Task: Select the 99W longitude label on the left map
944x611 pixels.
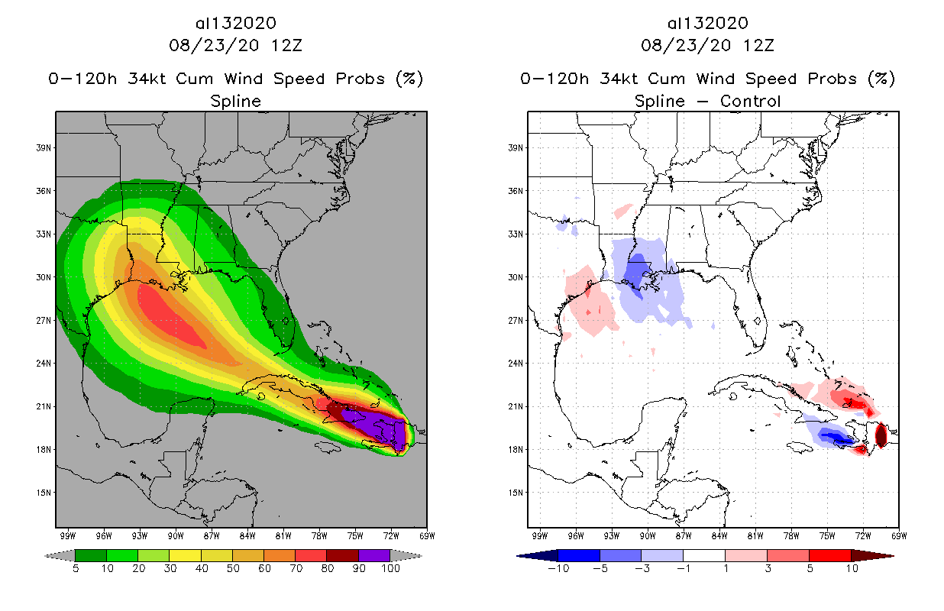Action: click(66, 536)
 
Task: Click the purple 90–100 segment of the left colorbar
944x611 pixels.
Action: click(374, 555)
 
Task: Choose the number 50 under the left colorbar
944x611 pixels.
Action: click(232, 569)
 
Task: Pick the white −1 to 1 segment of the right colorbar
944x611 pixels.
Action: click(704, 555)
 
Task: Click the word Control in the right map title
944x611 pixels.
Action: click(752, 101)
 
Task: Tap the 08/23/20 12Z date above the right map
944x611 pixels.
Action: click(707, 44)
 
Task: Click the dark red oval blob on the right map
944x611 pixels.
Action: click(880, 435)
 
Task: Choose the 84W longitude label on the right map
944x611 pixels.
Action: click(719, 536)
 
